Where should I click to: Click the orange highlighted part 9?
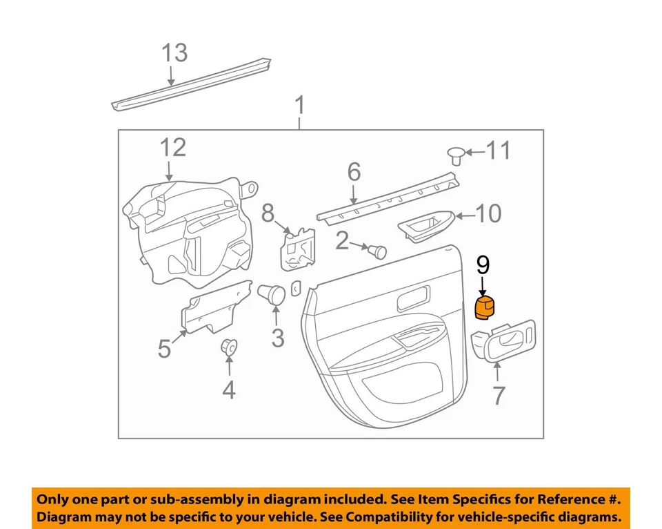[486, 307]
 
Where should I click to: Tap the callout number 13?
[174, 53]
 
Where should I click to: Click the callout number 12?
[174, 147]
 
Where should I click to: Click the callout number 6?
[354, 171]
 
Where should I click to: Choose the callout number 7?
[498, 395]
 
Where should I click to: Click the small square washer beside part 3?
[296, 287]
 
